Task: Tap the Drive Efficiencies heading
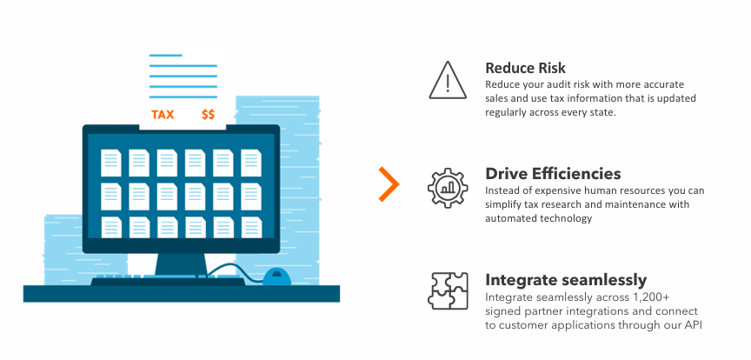pyautogui.click(x=553, y=173)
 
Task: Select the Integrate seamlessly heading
pyautogui.click(x=566, y=280)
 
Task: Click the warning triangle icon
pyautogui.click(x=448, y=80)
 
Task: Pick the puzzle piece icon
pyautogui.click(x=448, y=291)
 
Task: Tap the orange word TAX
pyautogui.click(x=163, y=114)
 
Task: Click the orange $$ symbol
pyautogui.click(x=209, y=114)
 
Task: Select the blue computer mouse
pyautogui.click(x=276, y=277)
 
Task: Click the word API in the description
pyautogui.click(x=690, y=325)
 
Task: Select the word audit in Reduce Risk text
pyautogui.click(x=557, y=84)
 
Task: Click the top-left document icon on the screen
pyautogui.click(x=111, y=162)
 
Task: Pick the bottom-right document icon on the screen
pyautogui.click(x=251, y=226)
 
